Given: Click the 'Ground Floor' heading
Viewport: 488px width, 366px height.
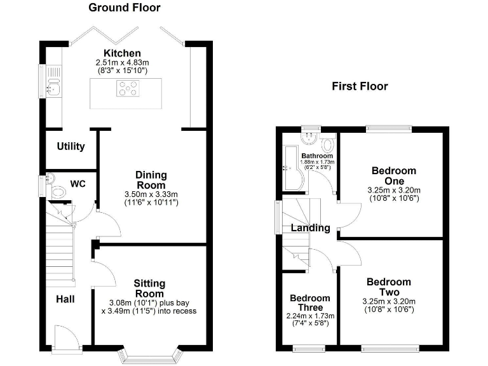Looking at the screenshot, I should click(x=124, y=8).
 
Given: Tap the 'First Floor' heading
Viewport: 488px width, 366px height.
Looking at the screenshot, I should click(x=360, y=86).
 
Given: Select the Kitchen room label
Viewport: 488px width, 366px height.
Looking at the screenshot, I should click(x=122, y=53).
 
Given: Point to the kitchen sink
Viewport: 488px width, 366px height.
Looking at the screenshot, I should click(x=53, y=88).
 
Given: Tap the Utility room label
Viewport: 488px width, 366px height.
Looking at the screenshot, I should click(x=71, y=146).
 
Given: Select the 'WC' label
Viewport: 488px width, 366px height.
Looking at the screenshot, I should click(x=78, y=184).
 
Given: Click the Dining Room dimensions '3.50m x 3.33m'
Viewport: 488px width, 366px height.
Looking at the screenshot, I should click(x=151, y=194).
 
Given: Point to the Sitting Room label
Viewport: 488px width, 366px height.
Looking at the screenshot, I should click(x=149, y=288).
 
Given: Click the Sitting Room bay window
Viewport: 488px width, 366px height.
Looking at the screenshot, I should click(x=151, y=355).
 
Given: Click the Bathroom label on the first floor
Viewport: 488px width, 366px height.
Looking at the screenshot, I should click(x=316, y=156).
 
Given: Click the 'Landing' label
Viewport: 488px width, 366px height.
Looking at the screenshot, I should click(x=310, y=227).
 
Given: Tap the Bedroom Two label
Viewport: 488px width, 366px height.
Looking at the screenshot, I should click(x=388, y=287).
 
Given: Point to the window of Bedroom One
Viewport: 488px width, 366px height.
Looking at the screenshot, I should click(x=388, y=130).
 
